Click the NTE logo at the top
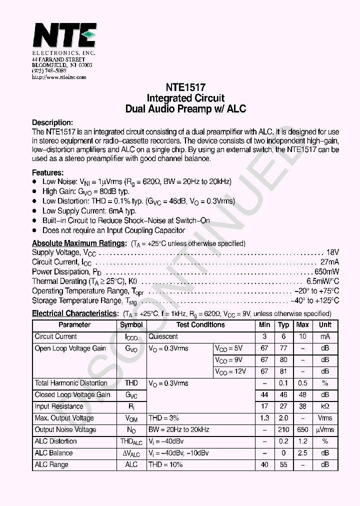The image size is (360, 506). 64,35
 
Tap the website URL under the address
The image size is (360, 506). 59,77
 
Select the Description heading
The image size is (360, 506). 52,122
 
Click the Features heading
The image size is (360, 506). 48,172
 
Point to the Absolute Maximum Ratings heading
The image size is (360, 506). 79,243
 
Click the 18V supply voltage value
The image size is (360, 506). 332,252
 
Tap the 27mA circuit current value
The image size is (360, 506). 329,262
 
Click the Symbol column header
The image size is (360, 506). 131,325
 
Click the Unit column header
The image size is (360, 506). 325,325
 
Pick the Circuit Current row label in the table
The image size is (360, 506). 56,337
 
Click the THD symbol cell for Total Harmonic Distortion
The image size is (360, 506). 131,383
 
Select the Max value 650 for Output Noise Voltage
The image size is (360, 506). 302,430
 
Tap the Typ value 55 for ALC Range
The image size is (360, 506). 283,465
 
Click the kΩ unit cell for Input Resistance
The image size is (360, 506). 325,406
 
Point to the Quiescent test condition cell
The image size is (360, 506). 163,337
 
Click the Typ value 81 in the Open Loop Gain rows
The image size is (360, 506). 283,371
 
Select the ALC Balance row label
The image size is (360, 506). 53,453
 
